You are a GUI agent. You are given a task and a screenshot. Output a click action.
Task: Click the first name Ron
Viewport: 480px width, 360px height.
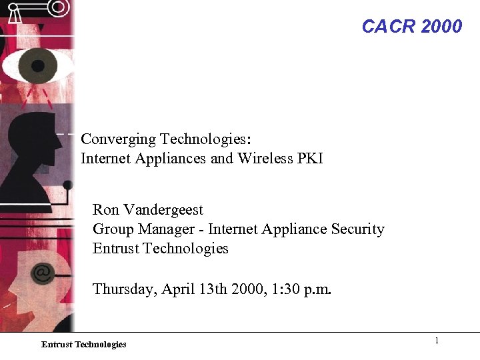pos(106,210)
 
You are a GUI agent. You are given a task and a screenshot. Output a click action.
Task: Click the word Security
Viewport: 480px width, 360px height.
pos(359,229)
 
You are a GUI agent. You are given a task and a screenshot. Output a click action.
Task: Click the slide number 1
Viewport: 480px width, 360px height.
pos(437,341)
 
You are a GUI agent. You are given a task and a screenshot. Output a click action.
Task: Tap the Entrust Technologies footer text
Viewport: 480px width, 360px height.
pos(83,345)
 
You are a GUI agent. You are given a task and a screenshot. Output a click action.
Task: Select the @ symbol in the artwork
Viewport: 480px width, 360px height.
pos(43,273)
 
